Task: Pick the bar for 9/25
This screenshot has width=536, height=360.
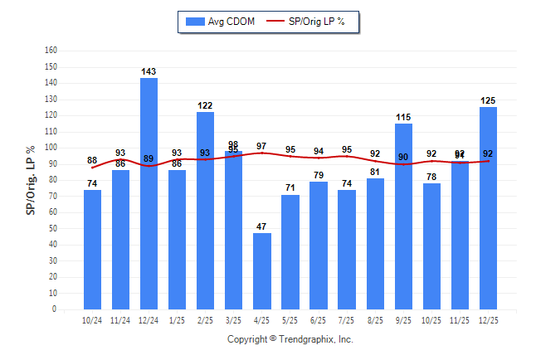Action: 403,216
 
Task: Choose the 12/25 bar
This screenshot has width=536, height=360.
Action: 488,208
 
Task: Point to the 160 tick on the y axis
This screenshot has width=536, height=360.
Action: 51,51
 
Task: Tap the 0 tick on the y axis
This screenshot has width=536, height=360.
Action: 54,309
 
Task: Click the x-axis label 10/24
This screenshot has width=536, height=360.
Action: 92,320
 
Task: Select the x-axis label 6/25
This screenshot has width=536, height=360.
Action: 318,320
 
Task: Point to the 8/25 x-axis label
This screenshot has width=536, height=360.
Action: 375,320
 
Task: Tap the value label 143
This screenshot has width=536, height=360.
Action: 149,72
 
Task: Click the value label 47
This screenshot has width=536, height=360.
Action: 261,226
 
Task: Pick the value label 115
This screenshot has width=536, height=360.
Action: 403,117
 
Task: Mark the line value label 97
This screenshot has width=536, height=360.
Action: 261,146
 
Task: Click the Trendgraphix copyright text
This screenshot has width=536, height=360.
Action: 290,339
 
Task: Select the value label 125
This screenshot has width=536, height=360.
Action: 488,101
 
